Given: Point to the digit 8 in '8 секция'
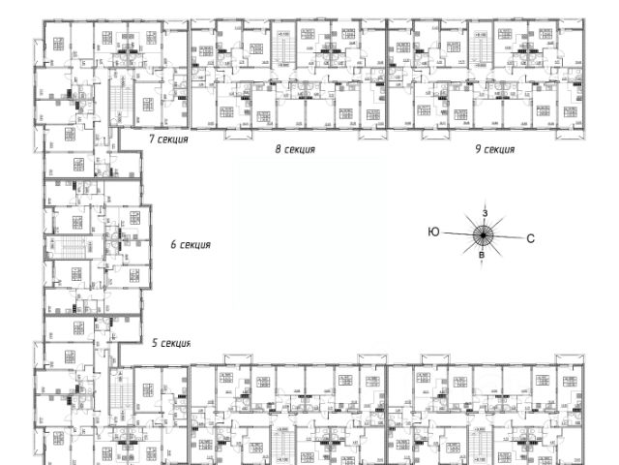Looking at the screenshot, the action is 278,150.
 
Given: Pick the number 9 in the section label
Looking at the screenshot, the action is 477,150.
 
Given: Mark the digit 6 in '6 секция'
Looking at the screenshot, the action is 172,245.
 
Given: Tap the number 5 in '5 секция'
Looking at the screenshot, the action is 155,343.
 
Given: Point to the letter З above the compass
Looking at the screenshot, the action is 485,212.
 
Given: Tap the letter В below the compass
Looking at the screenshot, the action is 483,255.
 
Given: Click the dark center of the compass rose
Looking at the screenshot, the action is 483,233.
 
